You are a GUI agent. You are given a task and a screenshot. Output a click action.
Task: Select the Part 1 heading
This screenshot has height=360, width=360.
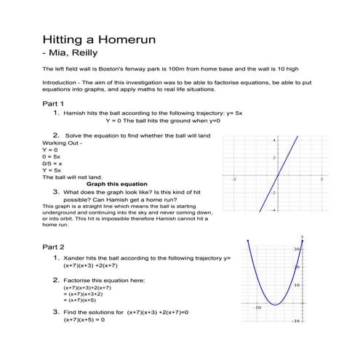(54, 105)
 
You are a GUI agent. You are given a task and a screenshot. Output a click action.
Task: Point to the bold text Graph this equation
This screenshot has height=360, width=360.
(116, 184)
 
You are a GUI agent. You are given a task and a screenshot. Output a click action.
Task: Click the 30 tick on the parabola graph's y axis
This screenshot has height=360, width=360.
(297, 249)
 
